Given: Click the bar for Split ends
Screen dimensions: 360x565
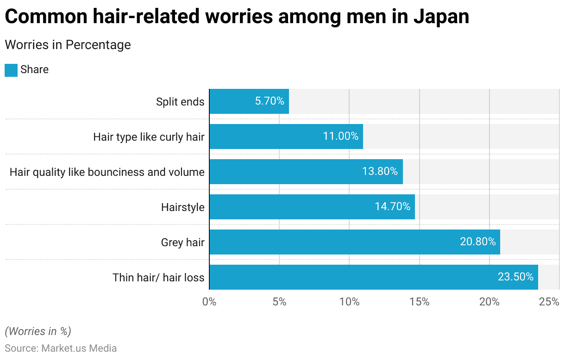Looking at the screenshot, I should point(249,101).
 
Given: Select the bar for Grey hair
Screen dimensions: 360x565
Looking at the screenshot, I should point(354,242).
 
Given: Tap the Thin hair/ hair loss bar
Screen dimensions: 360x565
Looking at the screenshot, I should point(373,277).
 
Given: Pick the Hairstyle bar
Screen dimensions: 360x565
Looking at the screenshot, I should point(312,207).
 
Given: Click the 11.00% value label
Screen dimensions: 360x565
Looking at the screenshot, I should point(340,137).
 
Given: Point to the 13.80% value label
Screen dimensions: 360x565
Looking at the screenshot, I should point(380,172).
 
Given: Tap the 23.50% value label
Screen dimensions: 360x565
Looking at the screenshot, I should point(515,277).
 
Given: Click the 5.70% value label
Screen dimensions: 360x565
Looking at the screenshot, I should point(270,101).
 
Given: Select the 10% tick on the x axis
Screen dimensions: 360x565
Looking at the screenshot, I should point(349,302).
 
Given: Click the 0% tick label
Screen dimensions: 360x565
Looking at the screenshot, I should point(209,302).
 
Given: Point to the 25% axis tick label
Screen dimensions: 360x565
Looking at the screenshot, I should point(549,302).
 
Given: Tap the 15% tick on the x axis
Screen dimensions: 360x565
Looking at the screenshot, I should point(419,302).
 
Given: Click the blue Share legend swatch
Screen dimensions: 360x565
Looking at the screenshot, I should point(11,70).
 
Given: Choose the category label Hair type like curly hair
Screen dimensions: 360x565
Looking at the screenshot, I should point(149,137).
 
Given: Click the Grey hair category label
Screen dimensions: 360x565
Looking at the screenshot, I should point(182,242).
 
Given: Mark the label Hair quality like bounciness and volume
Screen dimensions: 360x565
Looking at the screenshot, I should point(107,172).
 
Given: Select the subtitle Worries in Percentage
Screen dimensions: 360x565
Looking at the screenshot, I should point(68,45).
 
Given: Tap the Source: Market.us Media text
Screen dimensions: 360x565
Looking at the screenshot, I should point(61,348).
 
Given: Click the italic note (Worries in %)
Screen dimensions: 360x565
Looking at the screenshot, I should point(38,331).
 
